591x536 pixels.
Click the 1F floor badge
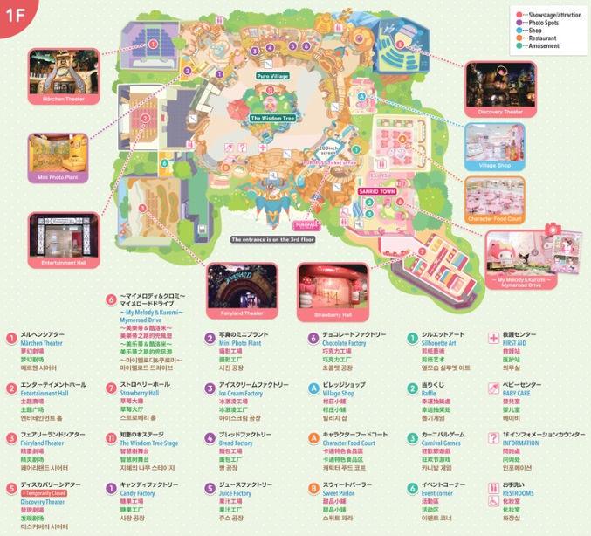[15, 15]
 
